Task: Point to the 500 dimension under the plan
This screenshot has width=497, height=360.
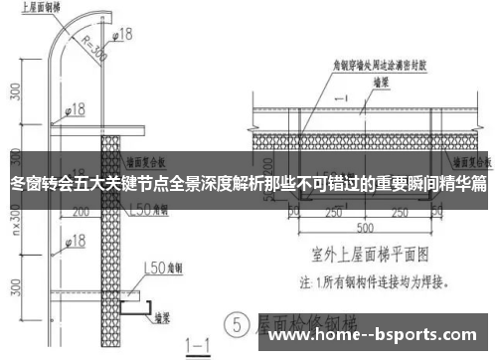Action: (x=364, y=226)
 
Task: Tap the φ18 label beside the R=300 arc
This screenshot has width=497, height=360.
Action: (x=121, y=35)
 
